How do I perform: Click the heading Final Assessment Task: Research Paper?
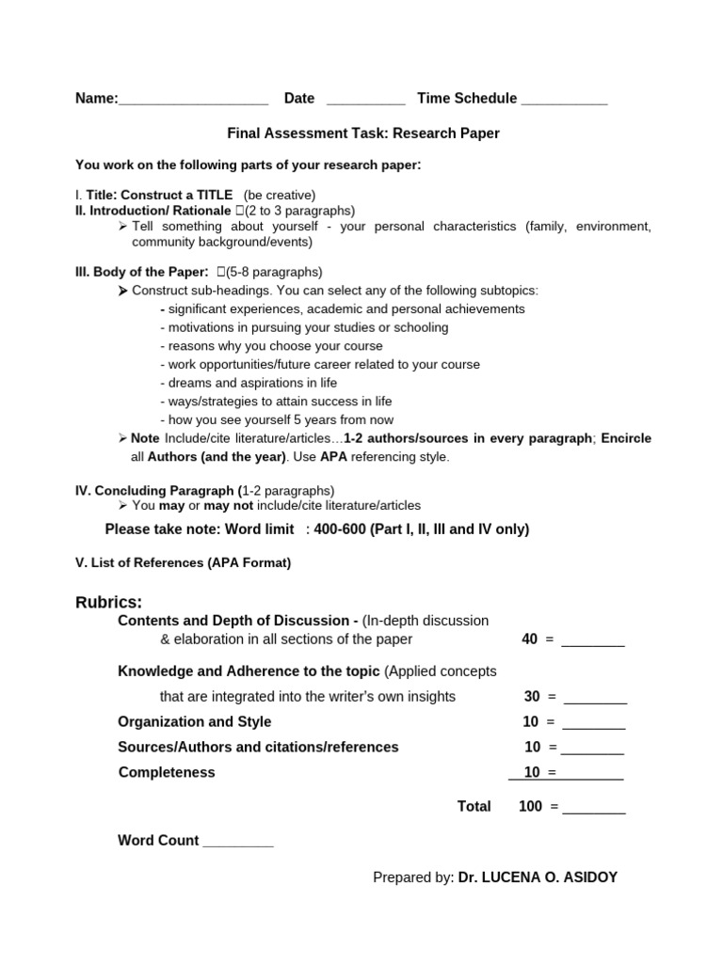pos(363,134)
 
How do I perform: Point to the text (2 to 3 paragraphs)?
pos(300,211)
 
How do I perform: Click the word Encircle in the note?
pos(626,438)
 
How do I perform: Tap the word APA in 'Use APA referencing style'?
pos(334,457)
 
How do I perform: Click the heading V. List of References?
pos(184,562)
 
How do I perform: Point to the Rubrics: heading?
pos(108,602)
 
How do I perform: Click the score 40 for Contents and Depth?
pos(529,639)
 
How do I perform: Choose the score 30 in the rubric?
pos(532,697)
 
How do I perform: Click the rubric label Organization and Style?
pos(194,721)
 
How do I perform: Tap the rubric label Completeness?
pos(167,772)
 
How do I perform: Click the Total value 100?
pos(530,806)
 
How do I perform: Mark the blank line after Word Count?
pos(238,842)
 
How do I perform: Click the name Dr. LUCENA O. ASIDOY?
pos(538,877)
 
